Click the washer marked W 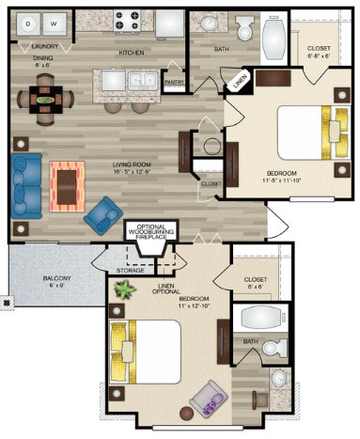(53, 21)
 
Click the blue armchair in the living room (102, 213)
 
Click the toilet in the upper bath (246, 28)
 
